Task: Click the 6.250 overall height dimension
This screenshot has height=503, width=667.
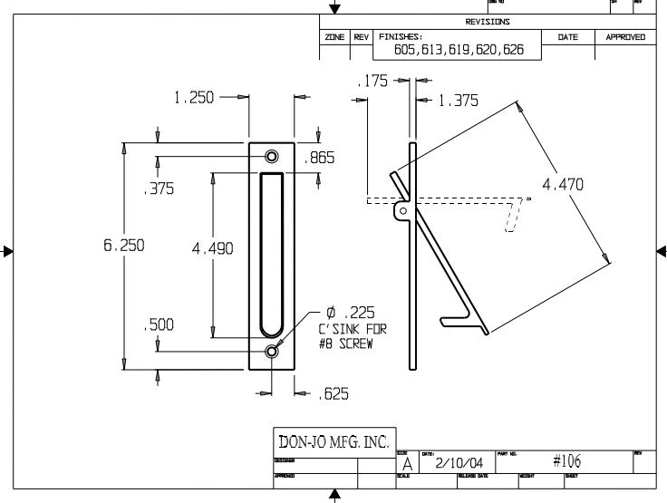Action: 124,246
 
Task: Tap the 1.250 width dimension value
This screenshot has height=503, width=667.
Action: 194,98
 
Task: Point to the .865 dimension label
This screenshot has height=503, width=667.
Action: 320,158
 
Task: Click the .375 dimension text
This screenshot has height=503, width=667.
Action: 159,189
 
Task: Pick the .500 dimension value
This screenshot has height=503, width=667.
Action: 159,325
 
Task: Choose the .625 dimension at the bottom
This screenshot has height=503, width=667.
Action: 333,393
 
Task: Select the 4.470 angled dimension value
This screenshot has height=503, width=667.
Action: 563,185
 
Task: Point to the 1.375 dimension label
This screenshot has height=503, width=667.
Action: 458,102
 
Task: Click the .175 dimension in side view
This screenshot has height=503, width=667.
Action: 372,81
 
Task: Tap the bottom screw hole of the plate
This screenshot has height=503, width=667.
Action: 272,351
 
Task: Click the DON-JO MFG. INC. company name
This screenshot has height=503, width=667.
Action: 333,443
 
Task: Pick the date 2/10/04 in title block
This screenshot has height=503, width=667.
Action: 459,463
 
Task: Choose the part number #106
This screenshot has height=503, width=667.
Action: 566,461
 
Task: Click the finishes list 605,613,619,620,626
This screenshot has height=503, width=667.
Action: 459,50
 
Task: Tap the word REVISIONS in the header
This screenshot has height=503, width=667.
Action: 488,22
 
